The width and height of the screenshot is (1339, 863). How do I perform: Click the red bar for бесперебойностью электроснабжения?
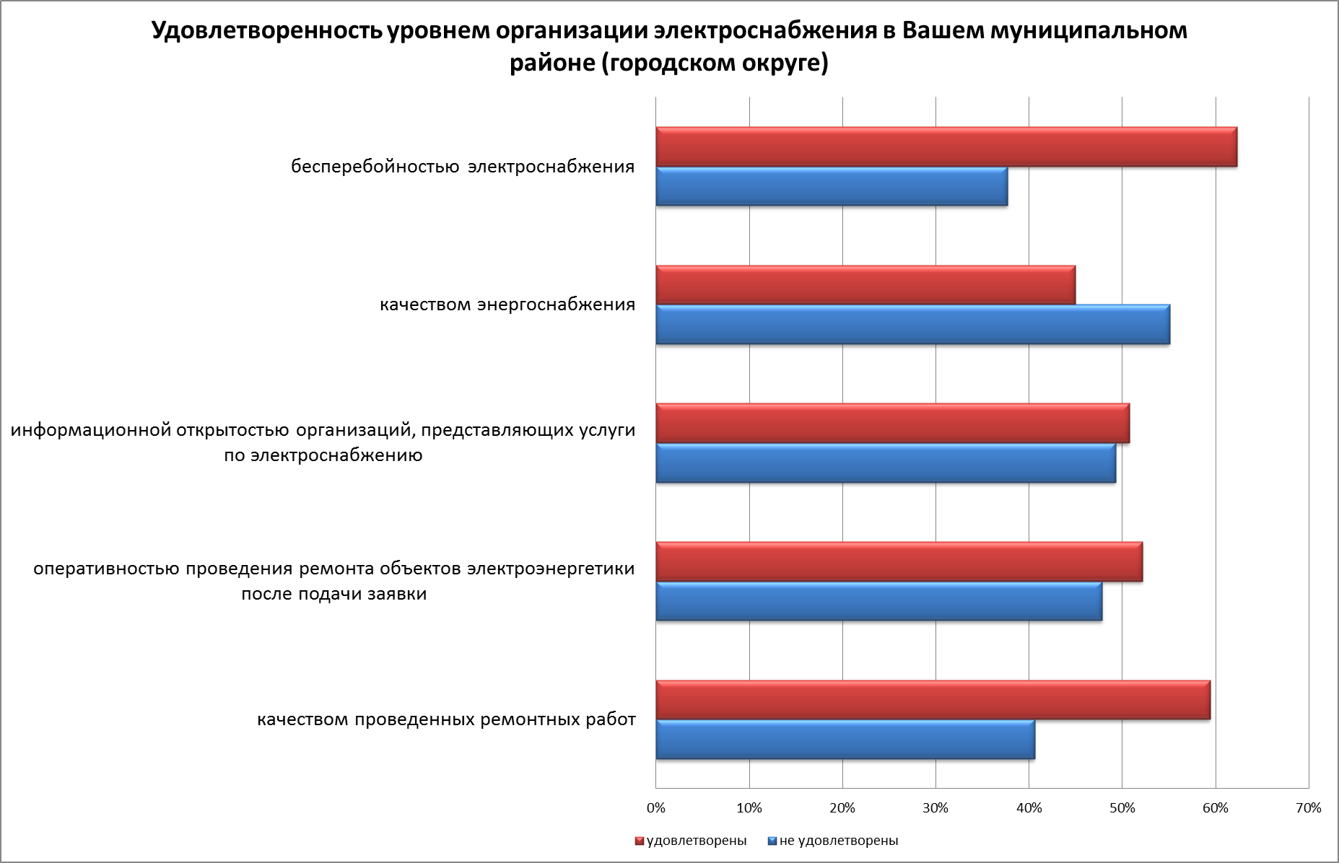click(x=946, y=147)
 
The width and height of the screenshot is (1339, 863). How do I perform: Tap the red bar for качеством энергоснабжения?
click(x=865, y=285)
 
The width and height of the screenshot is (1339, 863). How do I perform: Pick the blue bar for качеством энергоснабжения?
click(x=912, y=325)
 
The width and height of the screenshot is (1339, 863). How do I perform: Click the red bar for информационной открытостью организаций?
click(x=892, y=423)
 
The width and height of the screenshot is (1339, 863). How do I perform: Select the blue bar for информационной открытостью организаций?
click(x=886, y=463)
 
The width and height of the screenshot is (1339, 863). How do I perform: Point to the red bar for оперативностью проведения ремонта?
click(x=899, y=561)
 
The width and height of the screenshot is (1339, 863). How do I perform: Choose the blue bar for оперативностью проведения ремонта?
click(x=878, y=600)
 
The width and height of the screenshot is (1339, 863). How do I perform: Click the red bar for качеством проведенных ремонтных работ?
click(x=933, y=700)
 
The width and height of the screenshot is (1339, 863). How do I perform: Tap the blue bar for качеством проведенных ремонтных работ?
click(x=845, y=739)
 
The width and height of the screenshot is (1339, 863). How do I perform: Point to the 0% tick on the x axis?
click(x=656, y=808)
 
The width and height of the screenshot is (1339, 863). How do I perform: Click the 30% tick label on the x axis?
click(x=935, y=808)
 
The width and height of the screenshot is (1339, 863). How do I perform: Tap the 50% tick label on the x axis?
click(x=1122, y=808)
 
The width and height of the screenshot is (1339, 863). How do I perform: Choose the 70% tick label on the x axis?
click(x=1309, y=808)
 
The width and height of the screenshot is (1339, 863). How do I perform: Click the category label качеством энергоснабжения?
click(x=507, y=305)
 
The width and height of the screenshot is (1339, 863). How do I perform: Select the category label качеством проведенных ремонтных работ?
click(x=446, y=720)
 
